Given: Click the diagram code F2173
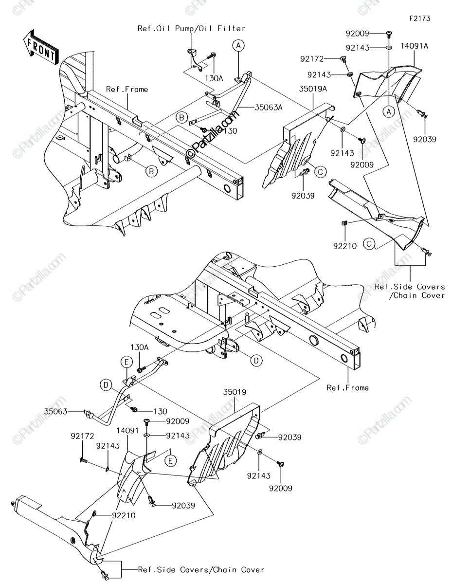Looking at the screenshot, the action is pyautogui.click(x=420, y=18).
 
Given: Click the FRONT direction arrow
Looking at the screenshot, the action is pyautogui.click(x=41, y=48).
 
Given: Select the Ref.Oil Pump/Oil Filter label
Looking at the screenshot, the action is pyautogui.click(x=191, y=29).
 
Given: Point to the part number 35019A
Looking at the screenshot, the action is pyautogui.click(x=313, y=89).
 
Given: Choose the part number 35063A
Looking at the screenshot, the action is pyautogui.click(x=268, y=108).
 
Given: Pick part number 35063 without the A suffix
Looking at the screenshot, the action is pyautogui.click(x=56, y=411).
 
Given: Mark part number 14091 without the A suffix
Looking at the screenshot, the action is pyautogui.click(x=127, y=431).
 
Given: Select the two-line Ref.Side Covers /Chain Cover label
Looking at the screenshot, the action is pyautogui.click(x=410, y=291).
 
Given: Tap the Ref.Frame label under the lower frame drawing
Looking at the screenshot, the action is pyautogui.click(x=347, y=388).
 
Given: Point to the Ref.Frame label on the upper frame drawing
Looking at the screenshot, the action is pyautogui.click(x=127, y=89).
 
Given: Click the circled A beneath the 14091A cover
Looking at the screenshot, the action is pyautogui.click(x=389, y=111).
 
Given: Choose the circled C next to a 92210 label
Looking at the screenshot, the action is pyautogui.click(x=369, y=244).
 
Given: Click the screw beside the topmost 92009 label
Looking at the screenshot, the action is pyautogui.click(x=389, y=33).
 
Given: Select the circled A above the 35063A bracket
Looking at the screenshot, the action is pyautogui.click(x=238, y=46).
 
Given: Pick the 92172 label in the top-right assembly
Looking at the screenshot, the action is pyautogui.click(x=312, y=59).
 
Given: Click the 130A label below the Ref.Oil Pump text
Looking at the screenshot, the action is pyautogui.click(x=214, y=78).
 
